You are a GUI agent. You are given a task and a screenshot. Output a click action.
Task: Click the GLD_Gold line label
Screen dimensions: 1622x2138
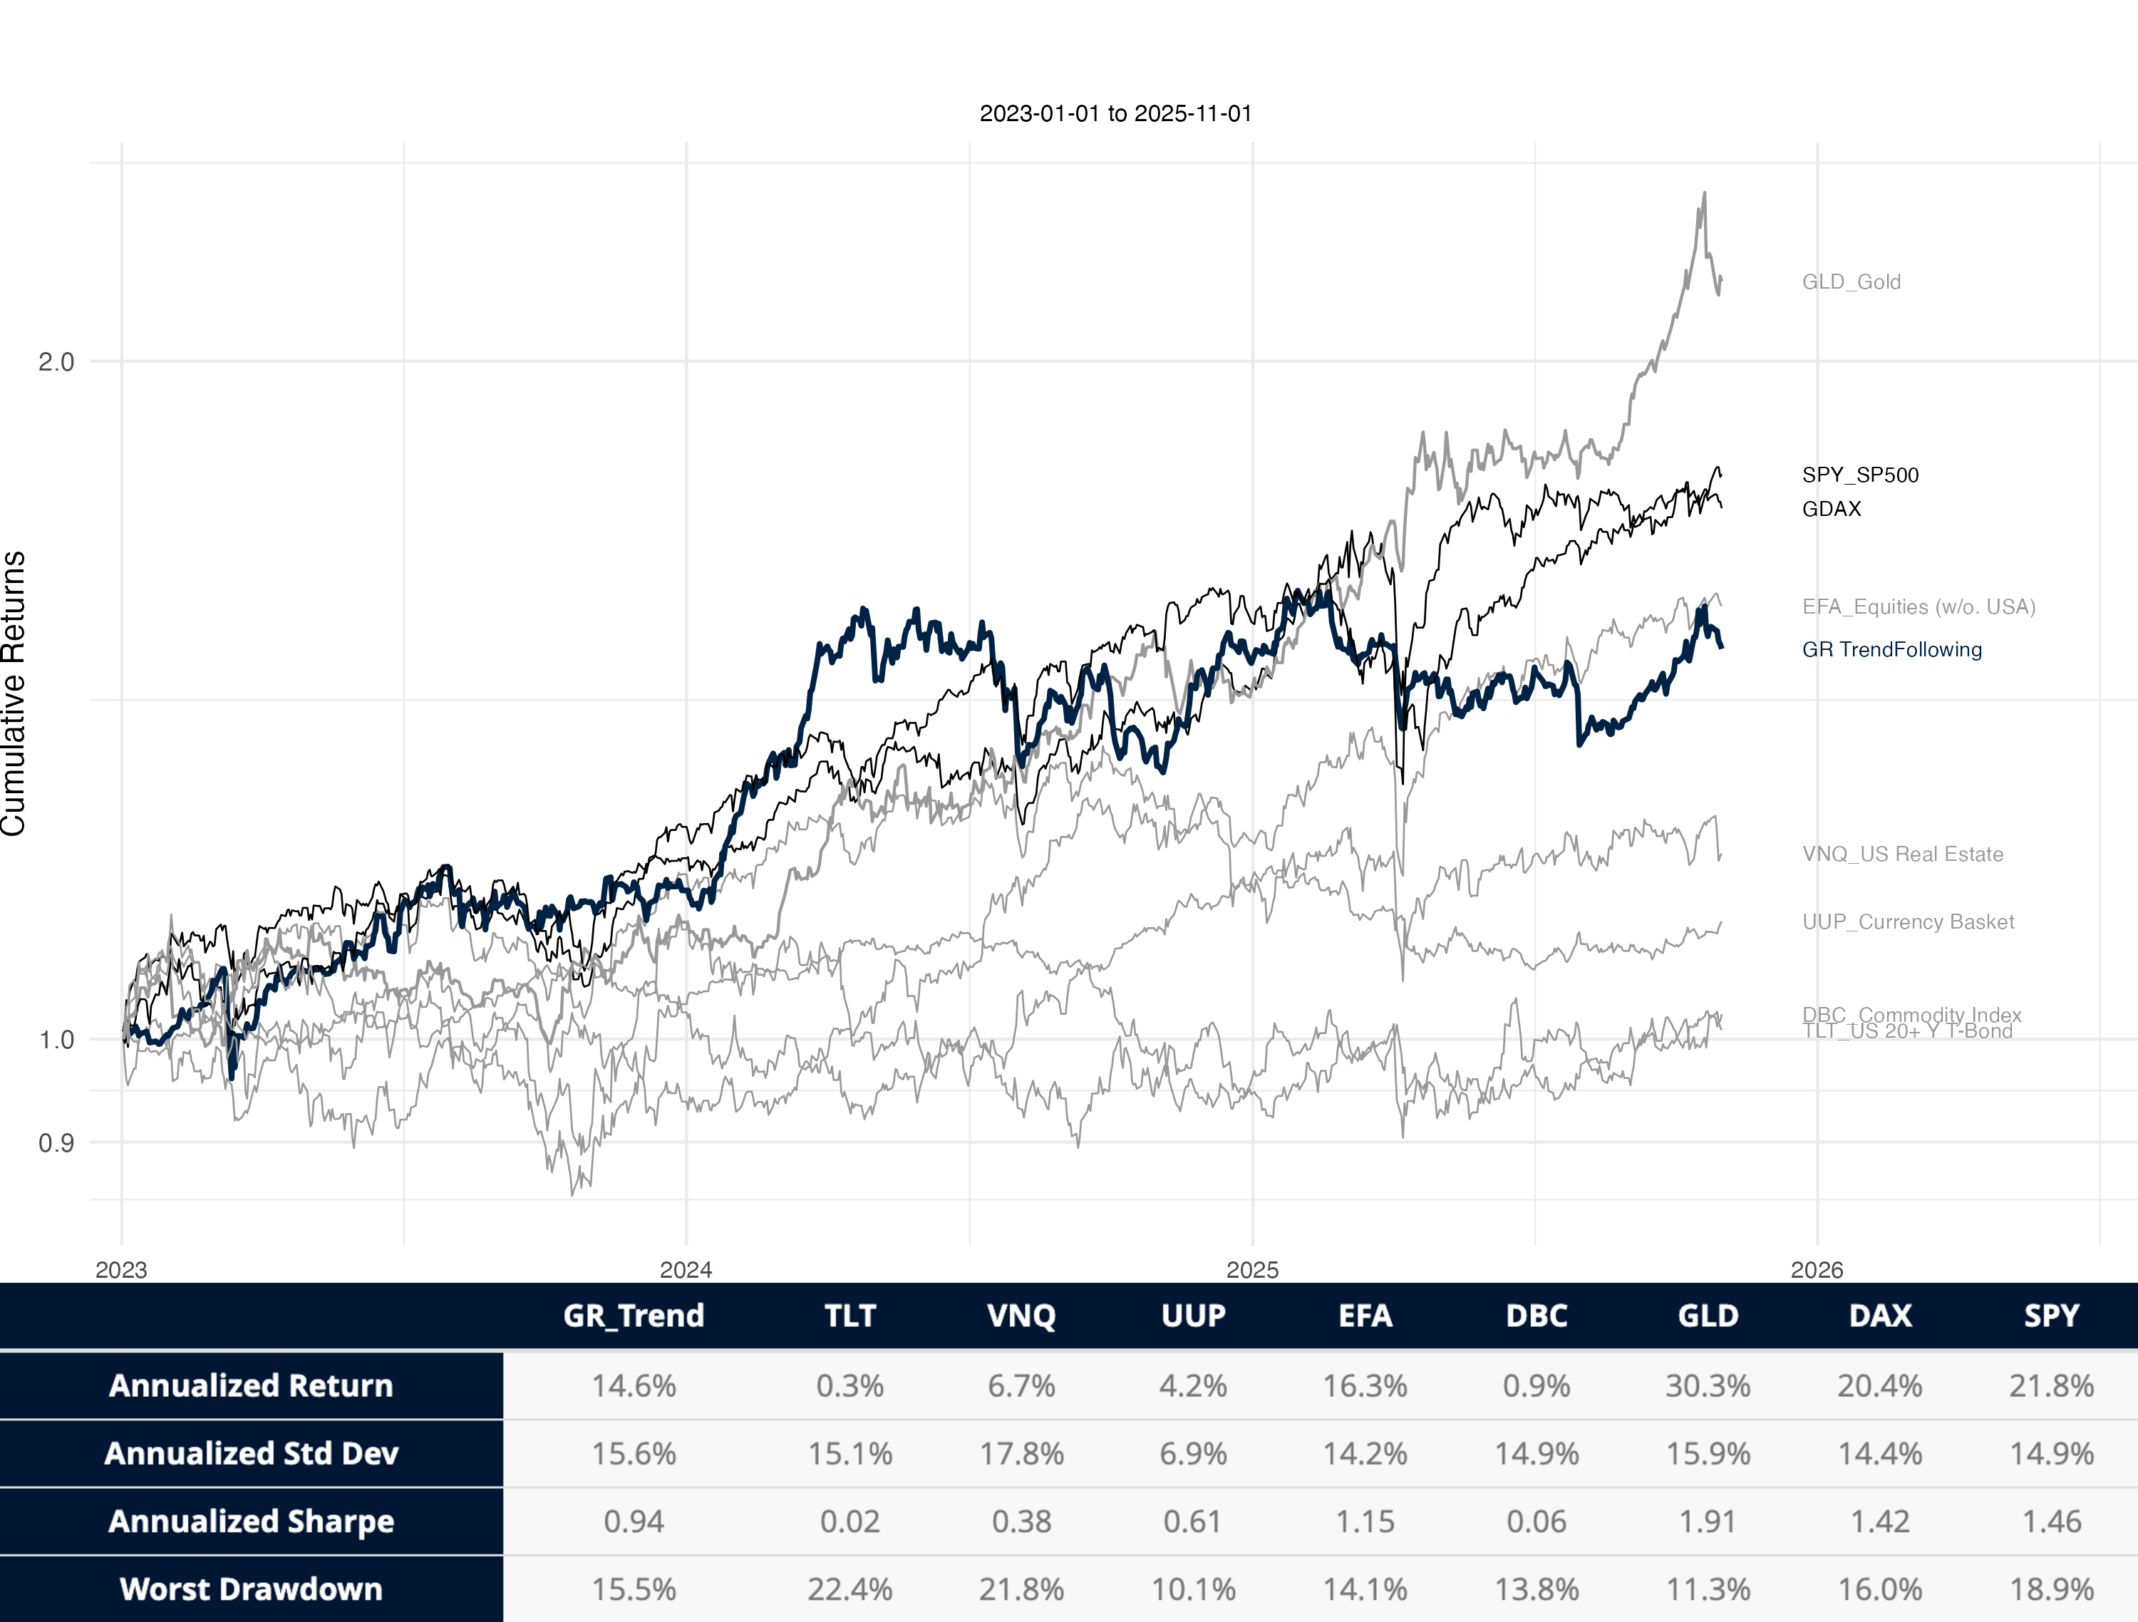click(1851, 281)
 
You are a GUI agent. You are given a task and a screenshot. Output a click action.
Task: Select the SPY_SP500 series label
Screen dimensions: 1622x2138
click(1859, 475)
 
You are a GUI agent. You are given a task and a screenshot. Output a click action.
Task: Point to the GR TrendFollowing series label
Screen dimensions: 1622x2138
click(1891, 649)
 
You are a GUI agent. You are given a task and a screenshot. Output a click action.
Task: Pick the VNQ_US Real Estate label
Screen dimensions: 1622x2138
click(1902, 854)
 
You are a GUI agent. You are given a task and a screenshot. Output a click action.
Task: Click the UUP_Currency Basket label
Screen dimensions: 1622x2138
click(1908, 922)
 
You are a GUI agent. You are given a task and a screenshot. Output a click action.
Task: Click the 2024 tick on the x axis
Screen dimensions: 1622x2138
click(686, 1270)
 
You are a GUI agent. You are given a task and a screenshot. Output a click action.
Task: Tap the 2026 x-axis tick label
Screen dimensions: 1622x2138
click(1816, 1270)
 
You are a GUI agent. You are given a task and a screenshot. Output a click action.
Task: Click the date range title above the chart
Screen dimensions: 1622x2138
click(1115, 113)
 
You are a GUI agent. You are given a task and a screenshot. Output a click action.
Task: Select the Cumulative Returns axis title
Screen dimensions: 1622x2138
click(14, 693)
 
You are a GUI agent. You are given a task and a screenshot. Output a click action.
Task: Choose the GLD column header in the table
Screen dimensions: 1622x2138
click(1708, 1316)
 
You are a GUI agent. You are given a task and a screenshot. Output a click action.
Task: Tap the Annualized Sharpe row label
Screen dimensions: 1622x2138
click(252, 1522)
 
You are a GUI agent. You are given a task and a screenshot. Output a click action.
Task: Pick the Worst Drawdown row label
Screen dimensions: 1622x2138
click(252, 1589)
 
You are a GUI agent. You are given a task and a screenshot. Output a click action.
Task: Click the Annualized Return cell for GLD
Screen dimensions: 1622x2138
click(1708, 1386)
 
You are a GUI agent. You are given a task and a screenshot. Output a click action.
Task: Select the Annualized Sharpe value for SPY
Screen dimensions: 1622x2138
click(2051, 1522)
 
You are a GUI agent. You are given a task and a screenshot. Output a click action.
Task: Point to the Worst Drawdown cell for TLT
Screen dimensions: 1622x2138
click(849, 1589)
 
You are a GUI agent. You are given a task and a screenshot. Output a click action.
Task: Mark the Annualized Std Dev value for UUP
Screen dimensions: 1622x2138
click(1193, 1454)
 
